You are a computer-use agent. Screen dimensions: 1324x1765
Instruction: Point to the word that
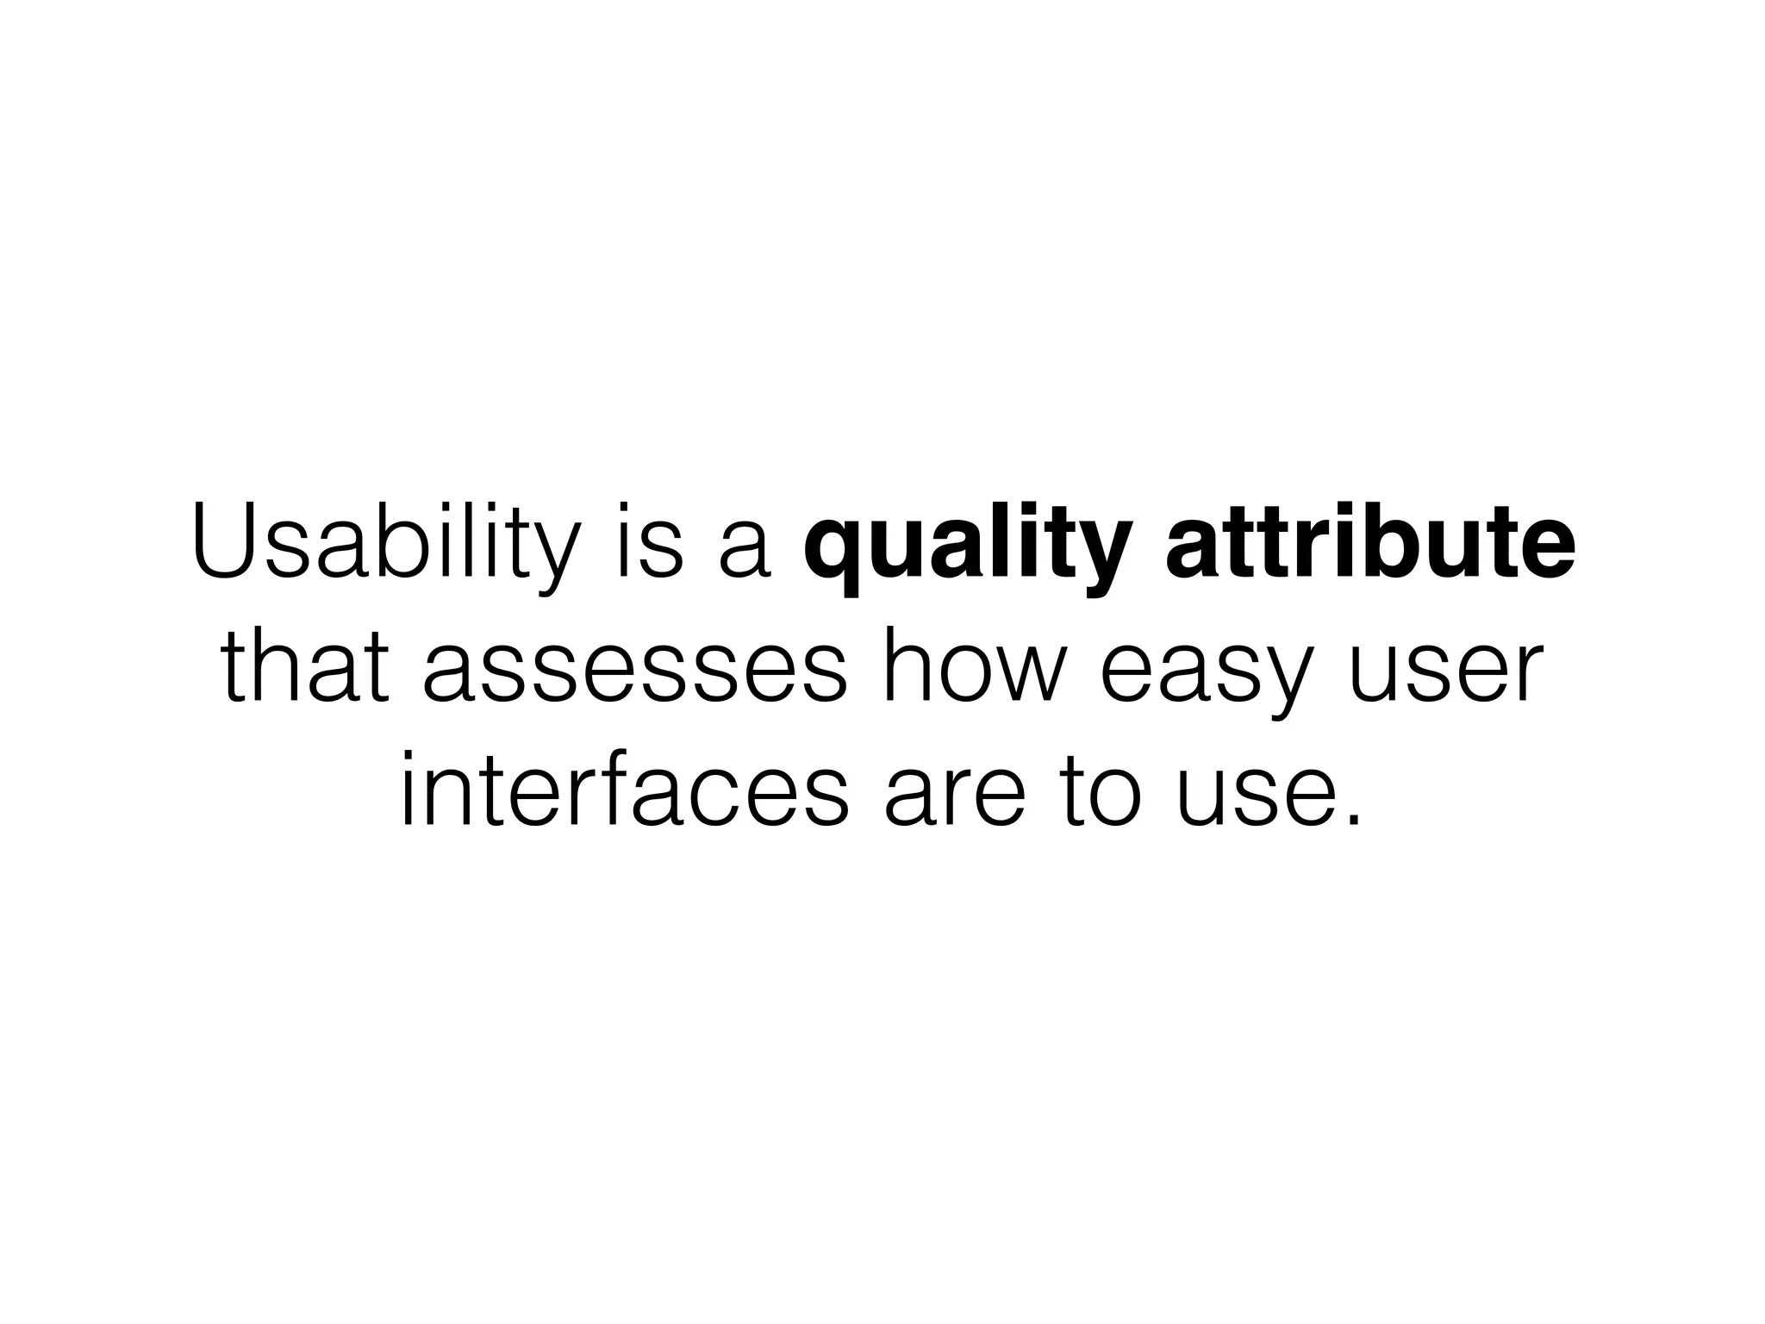[x=301, y=669]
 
